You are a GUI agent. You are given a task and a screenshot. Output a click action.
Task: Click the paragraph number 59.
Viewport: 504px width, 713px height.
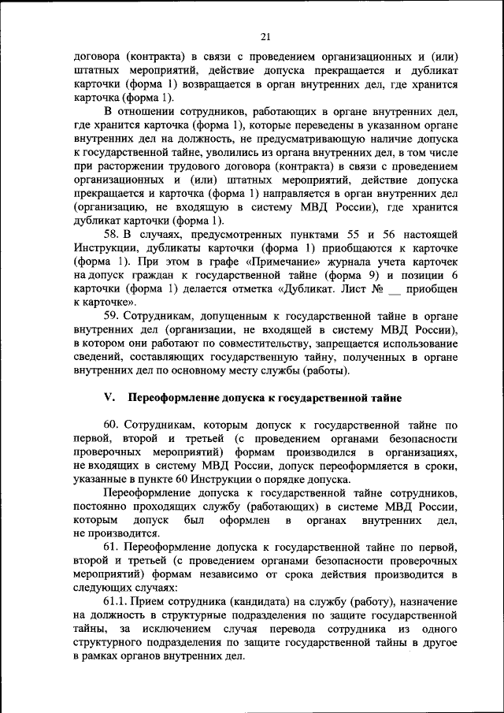pyautogui.click(x=111, y=315)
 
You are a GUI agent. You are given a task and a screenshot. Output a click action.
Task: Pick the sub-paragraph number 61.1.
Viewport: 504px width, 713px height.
pyautogui.click(x=115, y=603)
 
